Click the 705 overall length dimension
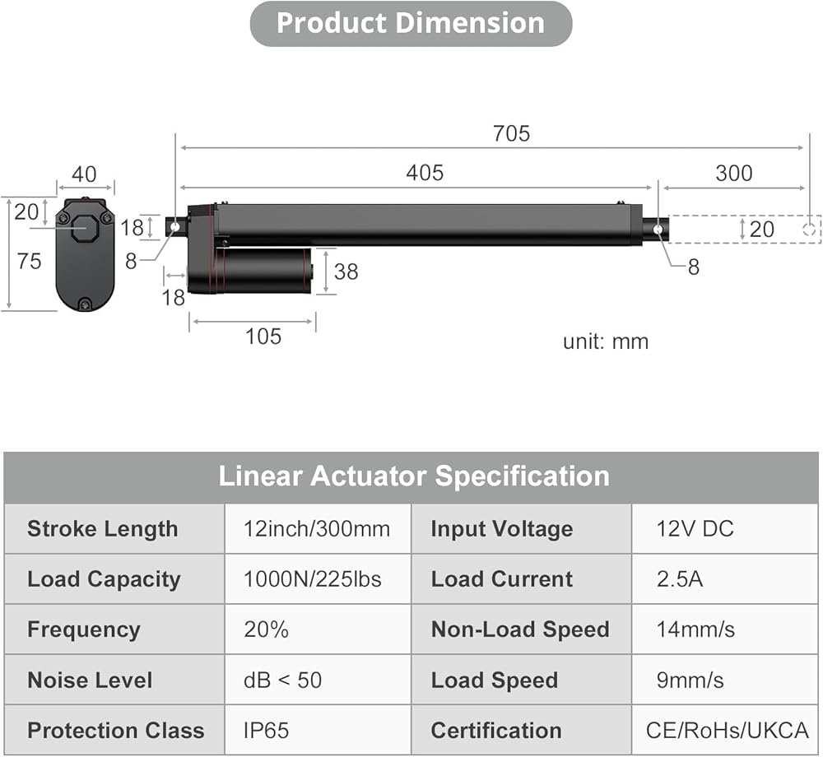coord(511,134)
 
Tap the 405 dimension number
coord(425,173)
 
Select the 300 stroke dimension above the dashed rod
coord(734,173)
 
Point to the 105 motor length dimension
coord(263,337)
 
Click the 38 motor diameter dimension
coord(346,272)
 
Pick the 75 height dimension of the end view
coord(29,262)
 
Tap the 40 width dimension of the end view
coord(84,174)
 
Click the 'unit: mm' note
coord(606,342)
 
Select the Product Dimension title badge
coord(411,24)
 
